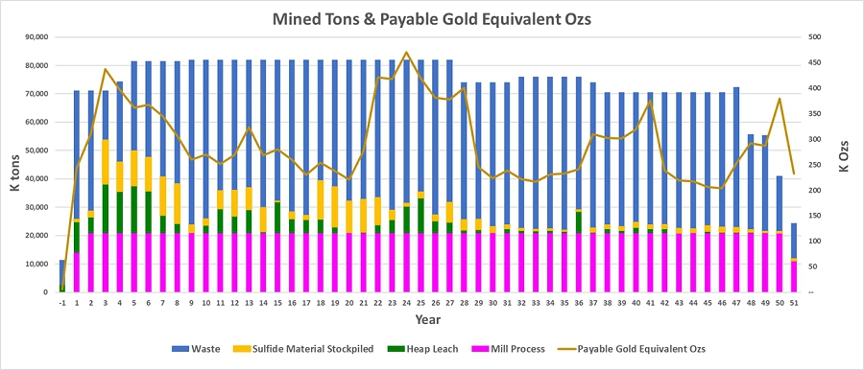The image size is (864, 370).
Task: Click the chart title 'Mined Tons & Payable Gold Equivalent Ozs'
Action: pyautogui.click(x=431, y=19)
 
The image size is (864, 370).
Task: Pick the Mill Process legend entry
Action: pyautogui.click(x=507, y=349)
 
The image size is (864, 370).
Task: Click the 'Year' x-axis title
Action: pyautogui.click(x=428, y=319)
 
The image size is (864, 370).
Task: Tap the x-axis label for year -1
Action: pyautogui.click(x=62, y=303)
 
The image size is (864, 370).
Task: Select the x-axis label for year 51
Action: pyautogui.click(x=794, y=303)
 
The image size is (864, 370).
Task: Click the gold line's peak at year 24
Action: pyautogui.click(x=407, y=53)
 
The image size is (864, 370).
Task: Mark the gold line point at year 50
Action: pyautogui.click(x=780, y=99)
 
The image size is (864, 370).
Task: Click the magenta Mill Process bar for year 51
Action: pyautogui.click(x=794, y=276)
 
